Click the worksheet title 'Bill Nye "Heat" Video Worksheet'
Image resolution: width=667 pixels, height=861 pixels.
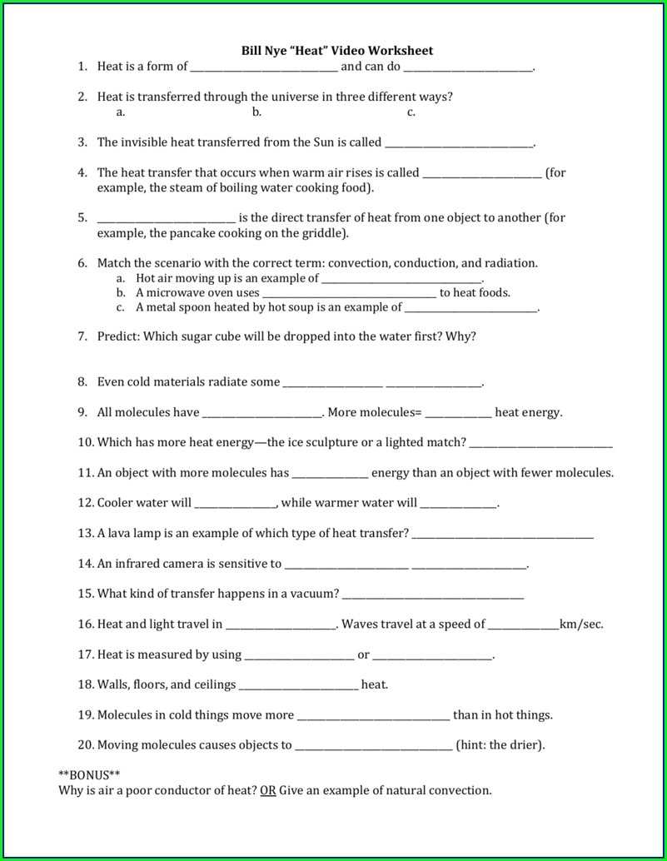pyautogui.click(x=337, y=51)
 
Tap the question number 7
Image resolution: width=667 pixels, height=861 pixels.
pyautogui.click(x=82, y=336)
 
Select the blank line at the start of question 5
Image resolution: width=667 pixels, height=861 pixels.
pyautogui.click(x=167, y=219)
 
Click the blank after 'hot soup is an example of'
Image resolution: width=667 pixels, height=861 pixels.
pyautogui.click(x=470, y=308)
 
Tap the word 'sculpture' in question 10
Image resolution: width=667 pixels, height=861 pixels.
pyautogui.click(x=341, y=442)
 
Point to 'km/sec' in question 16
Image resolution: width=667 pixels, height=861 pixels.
pyautogui.click(x=580, y=624)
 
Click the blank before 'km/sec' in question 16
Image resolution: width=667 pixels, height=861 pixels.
pyautogui.click(x=523, y=625)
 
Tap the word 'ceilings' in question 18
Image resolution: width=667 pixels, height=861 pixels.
pyautogui.click(x=214, y=684)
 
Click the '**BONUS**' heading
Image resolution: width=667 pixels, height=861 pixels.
pyautogui.click(x=89, y=774)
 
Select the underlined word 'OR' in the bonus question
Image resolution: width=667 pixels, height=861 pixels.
pyautogui.click(x=267, y=790)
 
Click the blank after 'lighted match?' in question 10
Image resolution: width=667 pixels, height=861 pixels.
pyautogui.click(x=540, y=444)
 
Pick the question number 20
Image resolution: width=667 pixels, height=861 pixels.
pyautogui.click(x=86, y=745)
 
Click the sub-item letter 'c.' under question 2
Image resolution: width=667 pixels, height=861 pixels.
pyautogui.click(x=411, y=112)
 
